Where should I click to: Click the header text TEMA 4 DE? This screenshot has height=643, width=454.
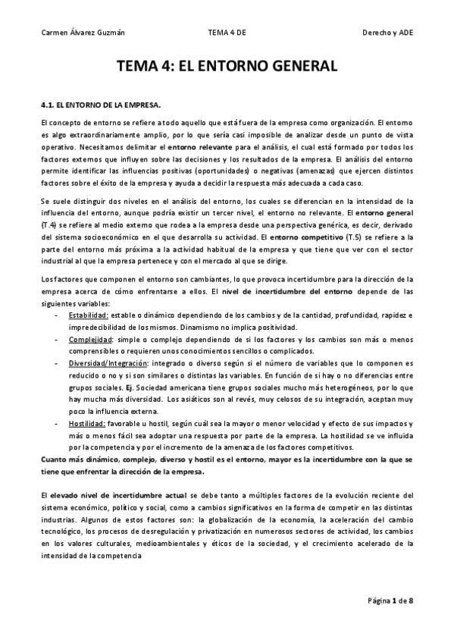click(x=227, y=33)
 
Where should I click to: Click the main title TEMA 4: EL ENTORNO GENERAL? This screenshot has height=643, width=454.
click(x=227, y=67)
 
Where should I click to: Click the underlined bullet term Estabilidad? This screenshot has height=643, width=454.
click(x=88, y=315)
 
